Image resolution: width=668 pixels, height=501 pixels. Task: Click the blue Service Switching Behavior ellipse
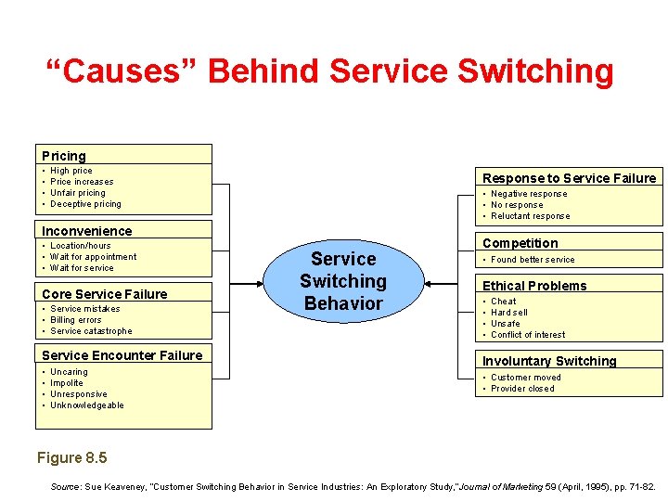[x=343, y=280]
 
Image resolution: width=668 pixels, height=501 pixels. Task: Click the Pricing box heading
[x=64, y=156]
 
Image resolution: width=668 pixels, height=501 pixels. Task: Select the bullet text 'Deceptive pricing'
[x=85, y=204]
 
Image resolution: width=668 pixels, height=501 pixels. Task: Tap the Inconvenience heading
[x=87, y=231]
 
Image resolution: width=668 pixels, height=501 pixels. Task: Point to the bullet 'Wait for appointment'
[x=93, y=257]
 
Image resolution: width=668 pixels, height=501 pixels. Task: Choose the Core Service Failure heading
[x=105, y=294]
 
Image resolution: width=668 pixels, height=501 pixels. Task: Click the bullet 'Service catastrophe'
[x=91, y=331]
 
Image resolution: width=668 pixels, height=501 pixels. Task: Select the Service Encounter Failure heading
[x=122, y=355]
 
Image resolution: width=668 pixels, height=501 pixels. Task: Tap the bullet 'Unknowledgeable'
[x=86, y=405]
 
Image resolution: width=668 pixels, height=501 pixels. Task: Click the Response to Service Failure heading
[x=569, y=178]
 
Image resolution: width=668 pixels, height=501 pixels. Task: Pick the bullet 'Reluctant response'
[x=530, y=216]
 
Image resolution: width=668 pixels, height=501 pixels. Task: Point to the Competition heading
[x=520, y=243]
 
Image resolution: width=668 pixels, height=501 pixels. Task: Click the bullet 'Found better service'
[x=533, y=260]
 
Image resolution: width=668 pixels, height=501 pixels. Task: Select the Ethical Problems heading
[x=534, y=286]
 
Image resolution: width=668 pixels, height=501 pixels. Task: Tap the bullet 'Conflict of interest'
[x=528, y=335]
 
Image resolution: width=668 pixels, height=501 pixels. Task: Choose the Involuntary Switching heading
[x=549, y=361]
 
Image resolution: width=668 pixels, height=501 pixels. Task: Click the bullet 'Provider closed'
[x=522, y=389]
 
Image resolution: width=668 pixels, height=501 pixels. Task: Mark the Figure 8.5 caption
[x=71, y=458]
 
